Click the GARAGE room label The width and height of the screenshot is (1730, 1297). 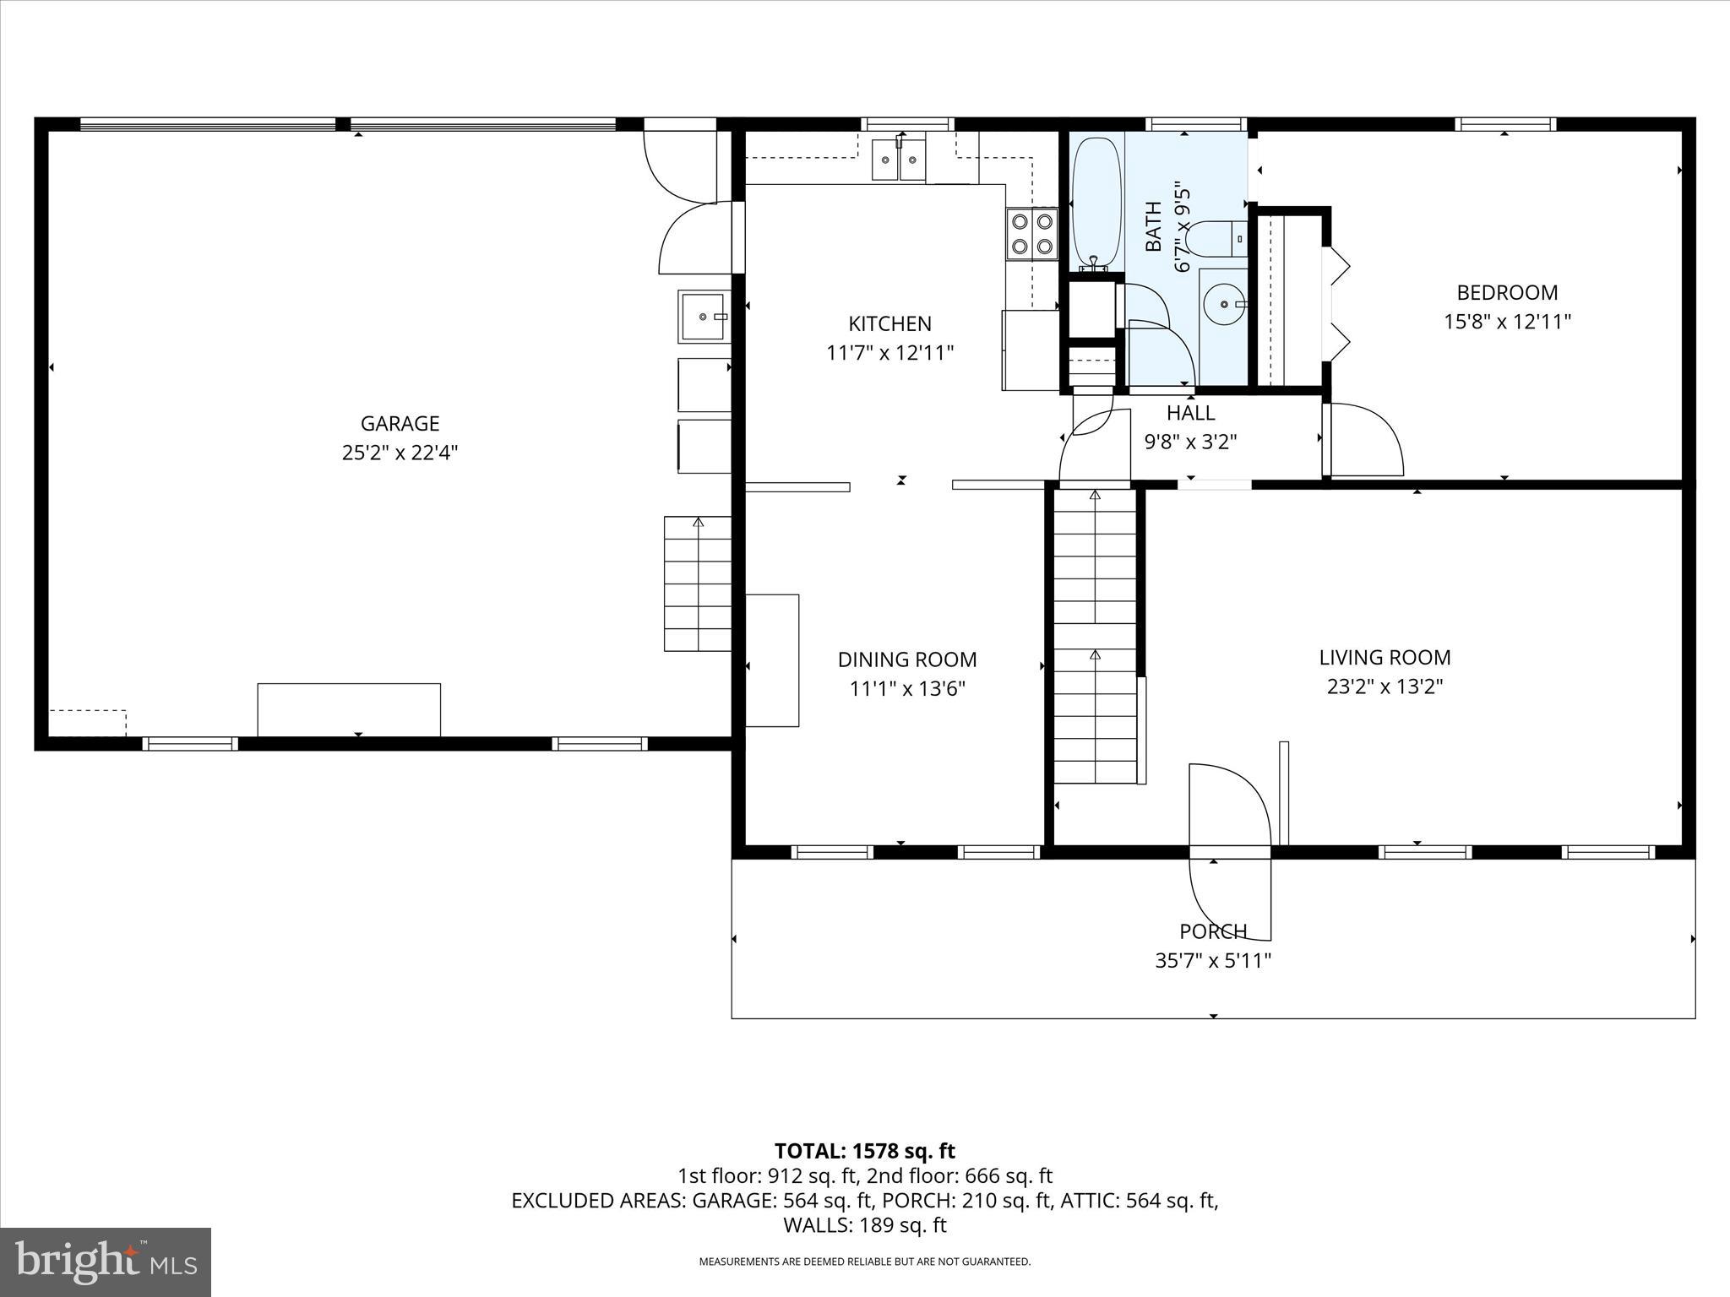coord(400,423)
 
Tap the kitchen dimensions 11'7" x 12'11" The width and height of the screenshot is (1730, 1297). coord(889,352)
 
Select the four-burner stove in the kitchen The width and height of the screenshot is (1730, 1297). coord(1032,234)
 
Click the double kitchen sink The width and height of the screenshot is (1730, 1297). coord(898,160)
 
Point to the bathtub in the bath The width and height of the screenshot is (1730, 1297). coord(1096,203)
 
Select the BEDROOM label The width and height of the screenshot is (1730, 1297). coord(1507,293)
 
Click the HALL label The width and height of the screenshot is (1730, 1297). coord(1190,413)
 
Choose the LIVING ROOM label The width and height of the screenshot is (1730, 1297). coord(1385,657)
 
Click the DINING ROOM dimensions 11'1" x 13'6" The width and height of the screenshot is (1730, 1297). coord(906,689)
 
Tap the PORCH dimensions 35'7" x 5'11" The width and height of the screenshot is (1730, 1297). coord(1213,960)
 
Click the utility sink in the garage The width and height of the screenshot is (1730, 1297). coord(703,317)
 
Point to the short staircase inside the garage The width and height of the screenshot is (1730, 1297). coord(697,583)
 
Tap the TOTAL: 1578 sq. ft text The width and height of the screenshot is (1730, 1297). coord(864,1151)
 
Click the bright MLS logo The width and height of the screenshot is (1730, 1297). coord(106,1262)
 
